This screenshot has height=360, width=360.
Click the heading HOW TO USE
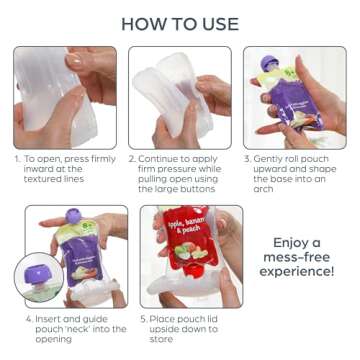pos(180,22)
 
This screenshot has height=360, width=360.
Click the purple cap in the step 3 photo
pos(267,63)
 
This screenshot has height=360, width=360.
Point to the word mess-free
pos(302,260)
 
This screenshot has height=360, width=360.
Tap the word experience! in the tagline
pos(302,278)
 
